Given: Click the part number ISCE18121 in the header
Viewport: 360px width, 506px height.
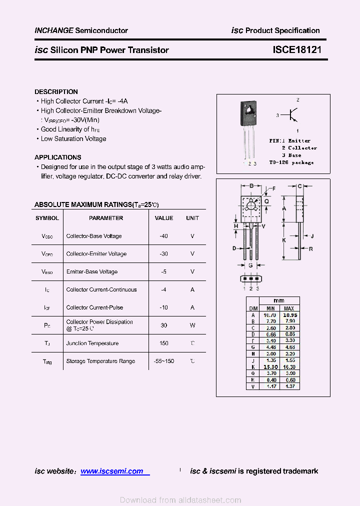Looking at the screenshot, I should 297,50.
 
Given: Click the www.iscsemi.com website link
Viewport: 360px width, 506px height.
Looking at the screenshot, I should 112,471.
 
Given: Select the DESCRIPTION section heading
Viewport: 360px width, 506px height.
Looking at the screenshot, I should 56,92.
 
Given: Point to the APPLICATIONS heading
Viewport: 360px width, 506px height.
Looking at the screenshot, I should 57,157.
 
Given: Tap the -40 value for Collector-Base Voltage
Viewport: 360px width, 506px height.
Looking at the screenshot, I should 163,236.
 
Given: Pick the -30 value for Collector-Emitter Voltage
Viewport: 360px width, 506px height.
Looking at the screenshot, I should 163,254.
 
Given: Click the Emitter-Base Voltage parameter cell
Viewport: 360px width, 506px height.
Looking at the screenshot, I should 92,272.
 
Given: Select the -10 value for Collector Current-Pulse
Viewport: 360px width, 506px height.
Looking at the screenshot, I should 163,307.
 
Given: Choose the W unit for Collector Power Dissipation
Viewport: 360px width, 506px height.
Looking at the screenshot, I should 192,325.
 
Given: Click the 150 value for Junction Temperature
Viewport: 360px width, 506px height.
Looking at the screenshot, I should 163,343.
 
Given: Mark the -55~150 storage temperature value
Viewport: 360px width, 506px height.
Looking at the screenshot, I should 163,361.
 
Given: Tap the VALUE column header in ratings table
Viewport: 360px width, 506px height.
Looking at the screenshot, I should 163,218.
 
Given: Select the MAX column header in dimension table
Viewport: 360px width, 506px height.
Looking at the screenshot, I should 289,308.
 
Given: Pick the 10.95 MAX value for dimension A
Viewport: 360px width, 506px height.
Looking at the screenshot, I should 289,315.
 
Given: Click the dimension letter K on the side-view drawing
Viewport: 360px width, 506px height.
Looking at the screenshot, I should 284,240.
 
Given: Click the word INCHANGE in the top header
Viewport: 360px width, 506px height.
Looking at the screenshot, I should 53,30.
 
